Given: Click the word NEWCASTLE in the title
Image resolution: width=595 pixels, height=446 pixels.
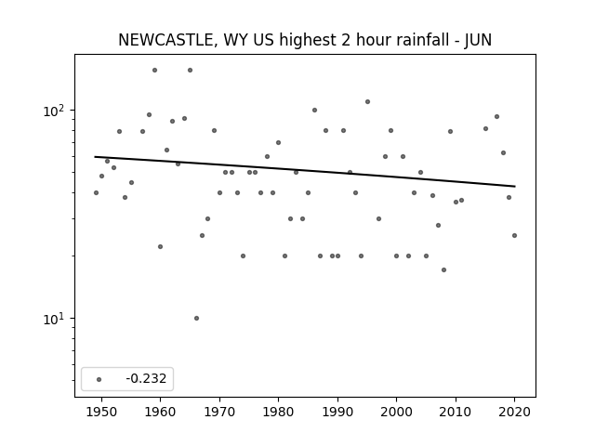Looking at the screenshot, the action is pos(165,40).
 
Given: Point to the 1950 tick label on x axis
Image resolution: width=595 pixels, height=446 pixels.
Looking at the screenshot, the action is pos(101,412).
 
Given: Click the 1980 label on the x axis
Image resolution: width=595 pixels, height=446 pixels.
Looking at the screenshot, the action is pos(279,412).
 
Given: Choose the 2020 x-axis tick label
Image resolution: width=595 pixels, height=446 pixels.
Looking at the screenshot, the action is pos(514,412).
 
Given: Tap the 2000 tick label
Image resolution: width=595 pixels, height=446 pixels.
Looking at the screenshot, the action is pos(397,412).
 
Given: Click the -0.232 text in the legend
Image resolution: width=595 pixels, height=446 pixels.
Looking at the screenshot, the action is pos(146,378).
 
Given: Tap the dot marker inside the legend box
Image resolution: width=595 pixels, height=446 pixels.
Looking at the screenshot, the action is pos(99,379).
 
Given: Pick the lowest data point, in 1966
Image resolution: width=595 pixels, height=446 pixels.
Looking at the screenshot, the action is pos(196,318).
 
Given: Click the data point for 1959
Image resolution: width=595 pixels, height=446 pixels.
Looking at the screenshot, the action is pos(155,71).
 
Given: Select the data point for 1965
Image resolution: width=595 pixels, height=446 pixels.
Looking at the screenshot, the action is pos(190,71).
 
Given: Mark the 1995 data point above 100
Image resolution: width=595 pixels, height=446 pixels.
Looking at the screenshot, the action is pos(367,101).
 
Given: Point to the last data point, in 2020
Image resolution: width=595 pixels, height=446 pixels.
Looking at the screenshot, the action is pos(514,235).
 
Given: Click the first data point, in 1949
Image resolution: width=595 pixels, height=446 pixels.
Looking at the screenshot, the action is pos(96,192).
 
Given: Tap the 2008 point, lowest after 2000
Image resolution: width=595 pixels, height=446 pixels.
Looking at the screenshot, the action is pos(444,270).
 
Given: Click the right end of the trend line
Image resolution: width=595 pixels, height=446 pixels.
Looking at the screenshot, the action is pos(515,186).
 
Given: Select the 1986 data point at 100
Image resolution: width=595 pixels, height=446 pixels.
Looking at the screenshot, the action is pos(314,111).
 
